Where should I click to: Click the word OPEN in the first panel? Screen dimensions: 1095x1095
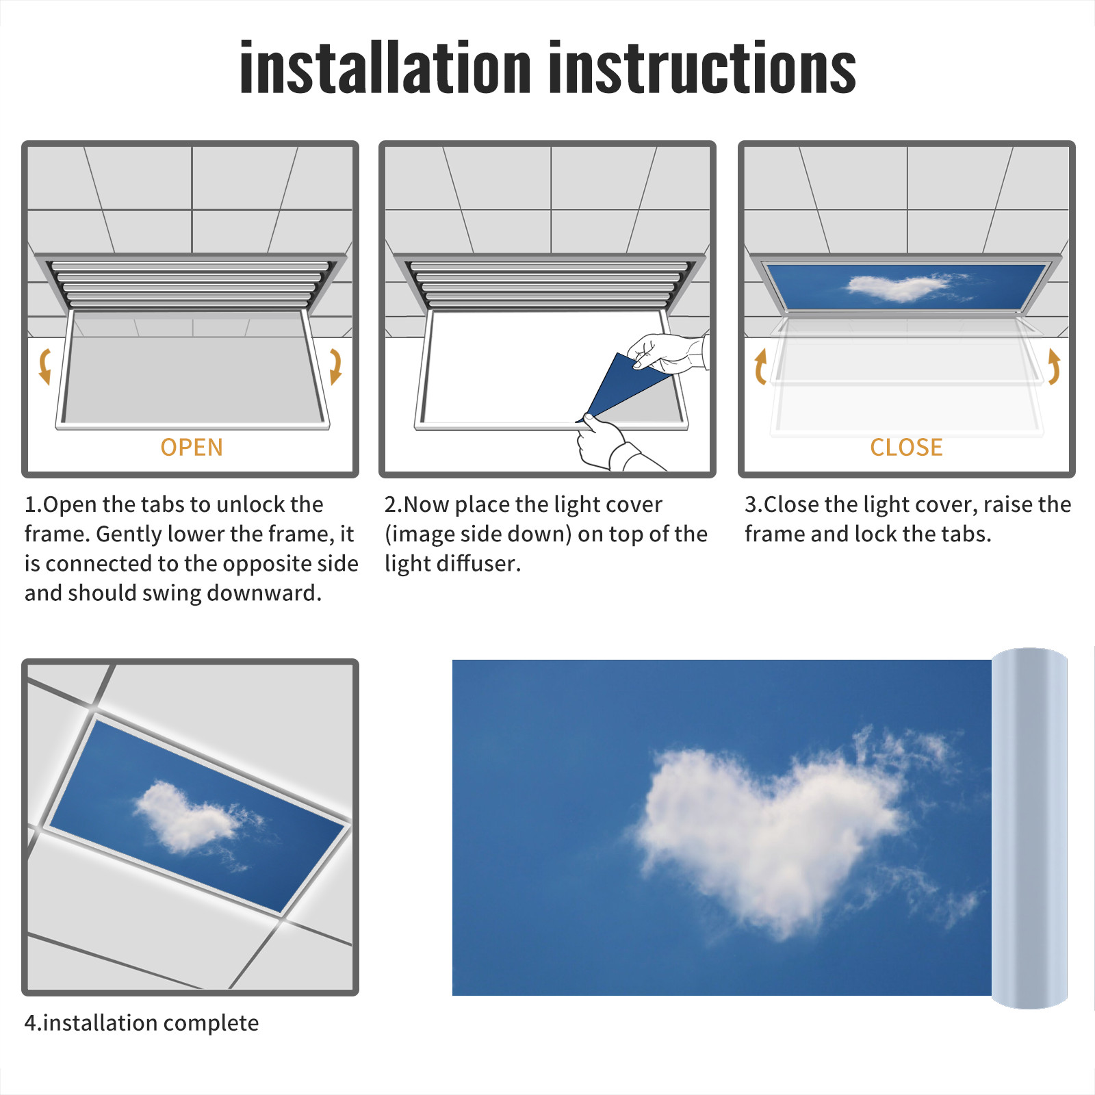(x=192, y=448)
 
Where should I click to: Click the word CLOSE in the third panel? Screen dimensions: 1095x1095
(x=906, y=448)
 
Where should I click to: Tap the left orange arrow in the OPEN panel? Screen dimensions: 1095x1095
(x=45, y=366)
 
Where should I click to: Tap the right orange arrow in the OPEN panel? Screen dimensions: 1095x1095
(x=335, y=366)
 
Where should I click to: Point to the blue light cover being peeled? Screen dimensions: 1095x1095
(x=624, y=385)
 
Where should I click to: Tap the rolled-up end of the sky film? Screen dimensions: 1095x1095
(x=1029, y=828)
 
